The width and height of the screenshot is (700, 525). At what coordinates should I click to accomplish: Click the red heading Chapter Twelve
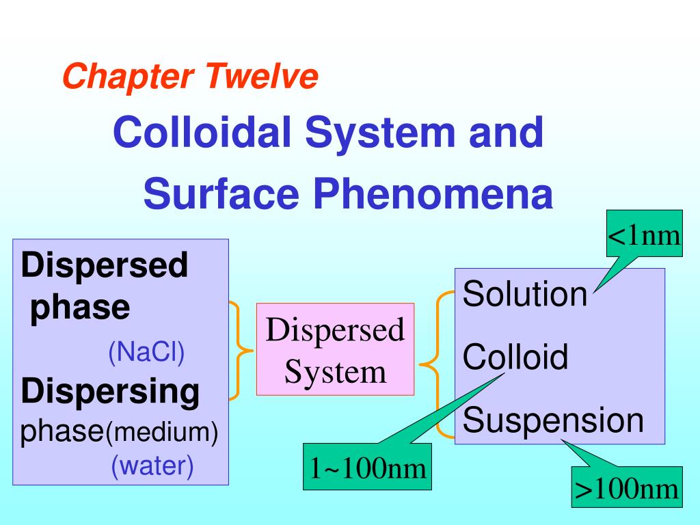pyautogui.click(x=190, y=77)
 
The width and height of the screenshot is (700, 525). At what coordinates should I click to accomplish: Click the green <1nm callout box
pyautogui.click(x=645, y=235)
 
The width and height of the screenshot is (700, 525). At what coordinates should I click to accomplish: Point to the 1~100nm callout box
pyautogui.click(x=368, y=468)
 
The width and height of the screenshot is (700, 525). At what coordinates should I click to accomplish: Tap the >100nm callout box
pyautogui.click(x=627, y=488)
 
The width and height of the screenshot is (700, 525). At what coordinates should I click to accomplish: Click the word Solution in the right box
pyautogui.click(x=524, y=295)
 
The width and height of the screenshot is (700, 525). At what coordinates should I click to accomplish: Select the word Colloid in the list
pyautogui.click(x=515, y=357)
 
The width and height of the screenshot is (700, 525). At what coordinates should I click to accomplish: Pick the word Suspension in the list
pyautogui.click(x=553, y=420)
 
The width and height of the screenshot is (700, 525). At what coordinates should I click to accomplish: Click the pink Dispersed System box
pyautogui.click(x=335, y=350)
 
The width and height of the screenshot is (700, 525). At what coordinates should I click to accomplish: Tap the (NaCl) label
pyautogui.click(x=146, y=352)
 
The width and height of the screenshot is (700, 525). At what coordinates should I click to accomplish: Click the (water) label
pyautogui.click(x=152, y=466)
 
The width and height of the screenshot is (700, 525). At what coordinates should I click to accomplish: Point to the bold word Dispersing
pyautogui.click(x=111, y=392)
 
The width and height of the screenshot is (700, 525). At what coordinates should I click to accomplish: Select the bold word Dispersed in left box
pyautogui.click(x=104, y=265)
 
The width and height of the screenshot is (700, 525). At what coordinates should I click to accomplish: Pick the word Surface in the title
pyautogui.click(x=221, y=194)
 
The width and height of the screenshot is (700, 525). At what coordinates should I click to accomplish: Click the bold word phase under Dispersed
pyautogui.click(x=81, y=308)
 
